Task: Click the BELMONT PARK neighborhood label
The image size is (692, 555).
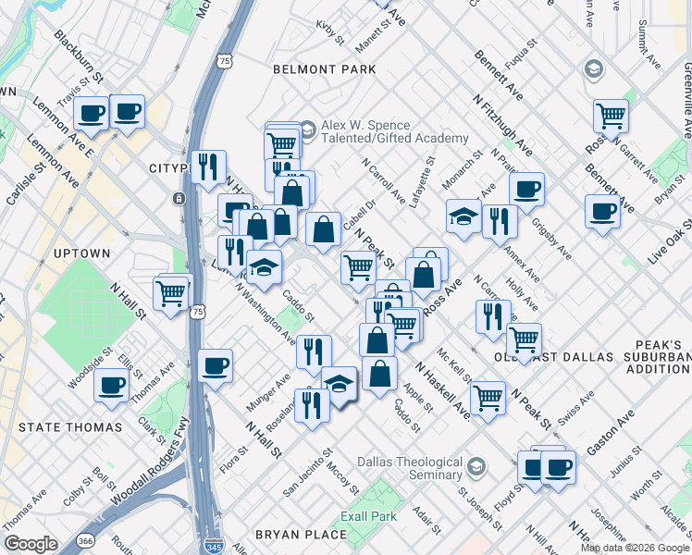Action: [325, 69]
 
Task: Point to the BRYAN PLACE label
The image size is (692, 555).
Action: [300, 535]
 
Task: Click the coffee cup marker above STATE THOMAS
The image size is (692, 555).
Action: [112, 385]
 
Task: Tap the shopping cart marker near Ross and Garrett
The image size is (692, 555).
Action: [612, 117]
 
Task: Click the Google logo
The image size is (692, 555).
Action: [31, 544]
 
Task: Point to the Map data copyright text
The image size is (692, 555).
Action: [635, 548]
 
